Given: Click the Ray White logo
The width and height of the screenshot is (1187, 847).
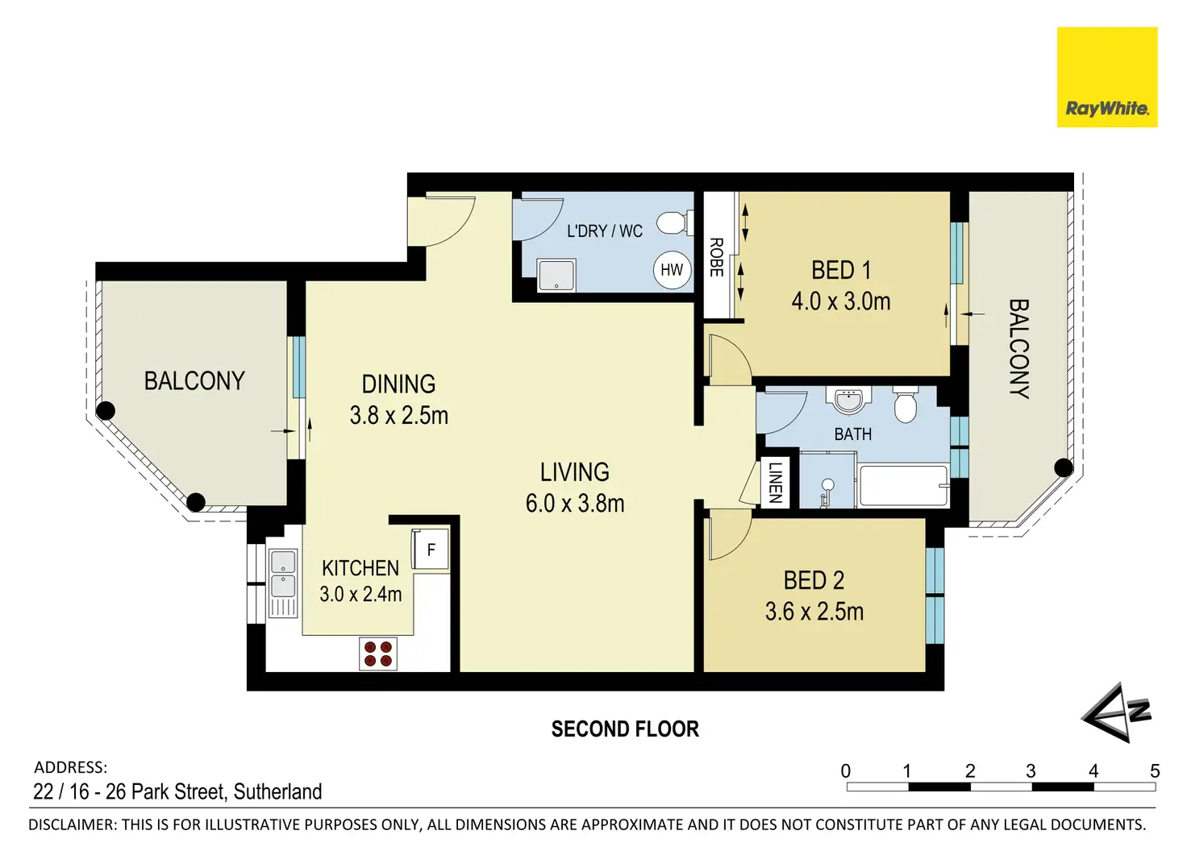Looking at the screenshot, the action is (1107, 77).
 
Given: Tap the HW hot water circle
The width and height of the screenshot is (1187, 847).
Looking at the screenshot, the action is (672, 270).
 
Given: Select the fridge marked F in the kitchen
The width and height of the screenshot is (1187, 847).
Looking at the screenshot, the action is (431, 550).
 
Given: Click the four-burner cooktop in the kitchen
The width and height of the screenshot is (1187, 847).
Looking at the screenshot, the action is (378, 654).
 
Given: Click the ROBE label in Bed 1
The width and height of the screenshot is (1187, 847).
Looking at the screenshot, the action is (716, 257).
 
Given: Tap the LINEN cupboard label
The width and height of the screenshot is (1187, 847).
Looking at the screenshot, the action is (775, 482).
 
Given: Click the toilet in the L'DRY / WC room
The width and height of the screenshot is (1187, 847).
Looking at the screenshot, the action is (675, 222).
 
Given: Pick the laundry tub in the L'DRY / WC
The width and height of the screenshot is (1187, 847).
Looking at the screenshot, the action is (556, 275).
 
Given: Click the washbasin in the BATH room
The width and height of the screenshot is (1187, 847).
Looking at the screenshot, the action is (852, 401).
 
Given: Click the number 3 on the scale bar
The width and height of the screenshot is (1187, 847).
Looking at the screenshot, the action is (1031, 771).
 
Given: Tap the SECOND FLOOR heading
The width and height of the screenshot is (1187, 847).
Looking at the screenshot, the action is (625, 729).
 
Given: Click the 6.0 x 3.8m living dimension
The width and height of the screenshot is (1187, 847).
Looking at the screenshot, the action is (575, 504).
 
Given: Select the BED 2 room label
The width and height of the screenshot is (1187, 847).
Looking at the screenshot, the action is (814, 580).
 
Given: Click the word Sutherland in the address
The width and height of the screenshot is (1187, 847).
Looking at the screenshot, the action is (277, 792).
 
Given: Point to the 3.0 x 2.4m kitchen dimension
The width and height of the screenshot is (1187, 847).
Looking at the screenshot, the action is (360, 594).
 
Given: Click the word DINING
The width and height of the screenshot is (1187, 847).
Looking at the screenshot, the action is (398, 384).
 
